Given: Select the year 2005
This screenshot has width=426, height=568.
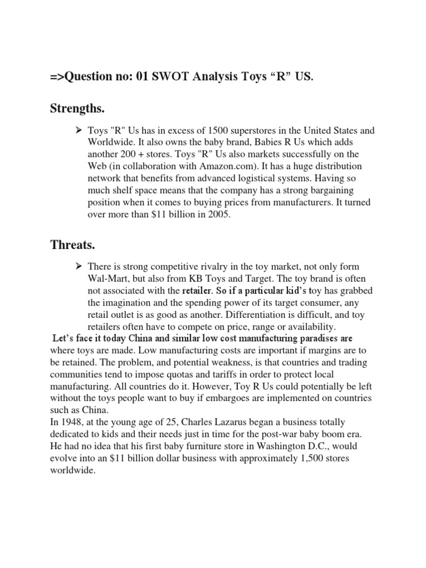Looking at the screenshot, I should coord(218,215).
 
